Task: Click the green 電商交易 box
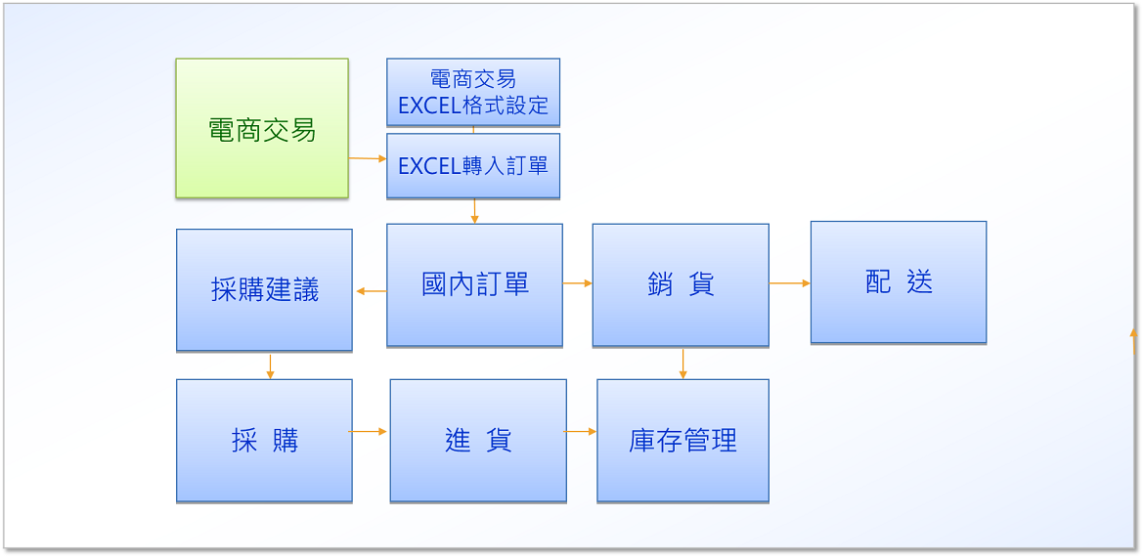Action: [x=262, y=128]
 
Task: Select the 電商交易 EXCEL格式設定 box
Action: [x=473, y=92]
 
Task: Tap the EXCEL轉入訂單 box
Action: [x=473, y=165]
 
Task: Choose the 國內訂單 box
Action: [x=475, y=285]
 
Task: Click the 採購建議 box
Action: [x=264, y=290]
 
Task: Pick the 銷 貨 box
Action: [x=681, y=285]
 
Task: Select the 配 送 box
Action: [x=899, y=282]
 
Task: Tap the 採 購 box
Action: [x=264, y=441]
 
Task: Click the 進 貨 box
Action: [x=478, y=441]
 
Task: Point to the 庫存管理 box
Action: [x=682, y=441]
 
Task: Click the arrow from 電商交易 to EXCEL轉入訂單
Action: [x=368, y=158]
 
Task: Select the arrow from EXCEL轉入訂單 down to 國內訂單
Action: [x=475, y=211]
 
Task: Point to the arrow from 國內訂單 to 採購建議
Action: [x=372, y=291]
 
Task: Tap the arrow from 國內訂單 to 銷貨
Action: [x=578, y=283]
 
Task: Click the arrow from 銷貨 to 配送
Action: [x=790, y=283]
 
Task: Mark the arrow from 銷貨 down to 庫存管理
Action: [x=682, y=364]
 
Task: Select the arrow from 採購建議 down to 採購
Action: [x=270, y=366]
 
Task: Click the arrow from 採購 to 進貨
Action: [x=368, y=432]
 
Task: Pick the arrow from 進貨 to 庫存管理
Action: [x=580, y=432]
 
